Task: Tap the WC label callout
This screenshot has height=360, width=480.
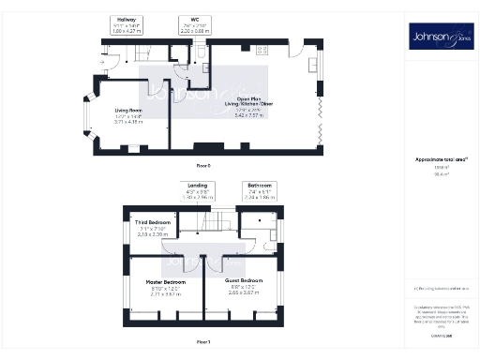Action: tap(193, 19)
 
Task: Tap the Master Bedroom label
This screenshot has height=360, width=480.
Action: tap(165, 282)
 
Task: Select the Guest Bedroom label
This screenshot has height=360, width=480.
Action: tap(243, 282)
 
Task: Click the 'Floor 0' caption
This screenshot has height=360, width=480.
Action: tap(203, 165)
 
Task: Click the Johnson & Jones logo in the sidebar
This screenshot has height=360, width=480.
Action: tap(441, 37)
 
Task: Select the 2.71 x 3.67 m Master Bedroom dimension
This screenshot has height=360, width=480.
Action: tap(165, 294)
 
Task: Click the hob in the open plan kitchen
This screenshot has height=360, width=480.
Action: tap(262, 50)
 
